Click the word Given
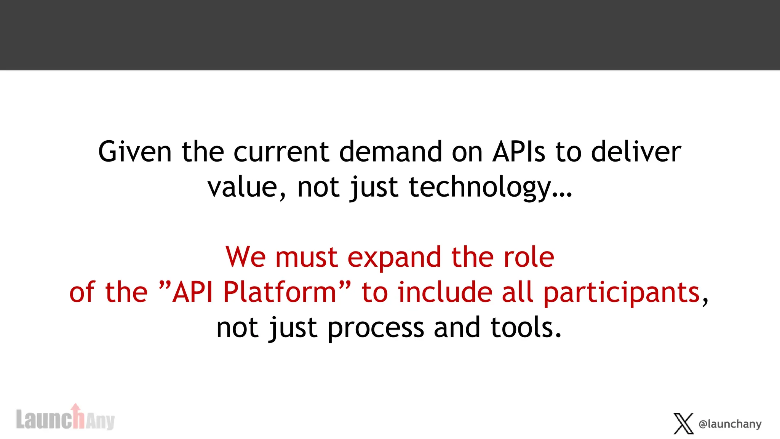tap(135, 152)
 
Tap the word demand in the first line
tap(391, 152)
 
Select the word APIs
tap(519, 152)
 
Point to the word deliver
tap(636, 152)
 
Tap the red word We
tap(245, 257)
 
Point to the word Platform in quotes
tap(280, 292)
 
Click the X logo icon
tap(683, 423)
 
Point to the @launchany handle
tap(730, 424)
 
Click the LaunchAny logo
tap(65, 419)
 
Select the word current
tap(281, 152)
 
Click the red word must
tap(306, 258)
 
